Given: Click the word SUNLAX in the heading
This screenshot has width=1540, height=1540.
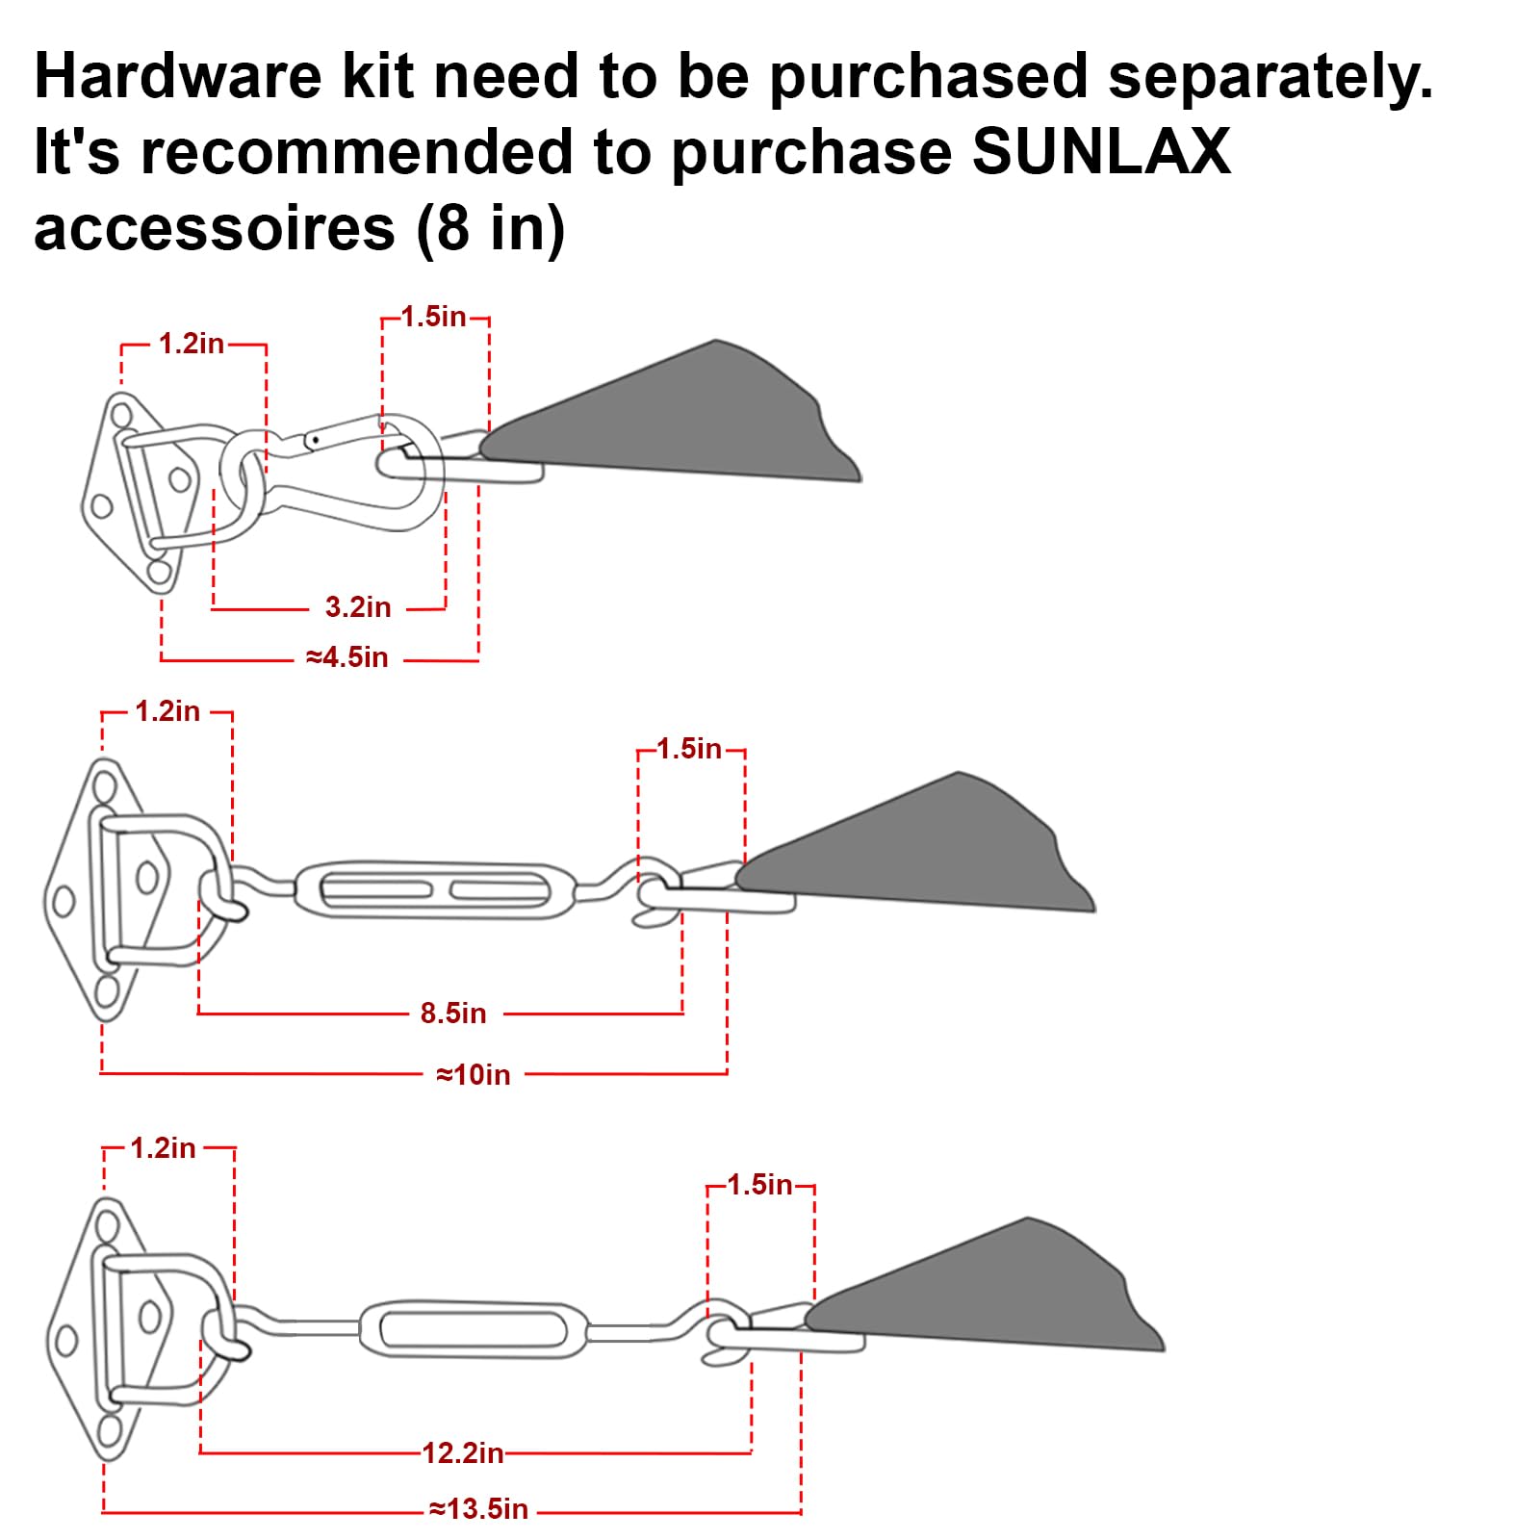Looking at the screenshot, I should coord(1101,151).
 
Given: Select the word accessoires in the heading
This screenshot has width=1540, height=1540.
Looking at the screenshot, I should coord(214,228).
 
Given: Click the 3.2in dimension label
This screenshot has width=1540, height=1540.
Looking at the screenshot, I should coord(358,607).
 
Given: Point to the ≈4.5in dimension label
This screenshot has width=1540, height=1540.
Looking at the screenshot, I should coord(347,657).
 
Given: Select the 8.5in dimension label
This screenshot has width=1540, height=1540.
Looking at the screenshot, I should coord(453,1014).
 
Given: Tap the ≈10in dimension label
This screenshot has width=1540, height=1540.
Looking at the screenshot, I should coord(474,1074).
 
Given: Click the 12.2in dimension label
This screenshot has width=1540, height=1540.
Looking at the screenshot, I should coord(463,1452).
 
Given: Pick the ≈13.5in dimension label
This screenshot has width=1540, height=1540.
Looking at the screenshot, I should coord(479,1508).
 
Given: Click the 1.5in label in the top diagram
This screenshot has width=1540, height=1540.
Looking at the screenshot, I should coord(433,317).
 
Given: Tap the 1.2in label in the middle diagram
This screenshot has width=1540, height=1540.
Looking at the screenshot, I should coord(167,711).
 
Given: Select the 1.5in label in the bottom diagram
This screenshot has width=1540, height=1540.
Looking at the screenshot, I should coord(759,1185).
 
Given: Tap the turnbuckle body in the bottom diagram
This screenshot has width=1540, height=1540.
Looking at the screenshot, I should coord(474,1330).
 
